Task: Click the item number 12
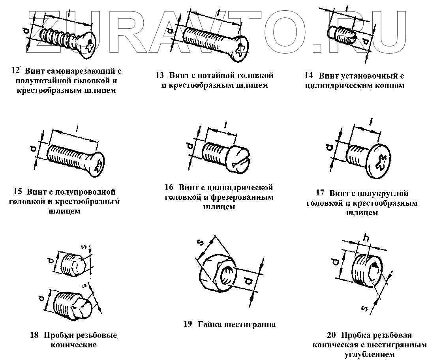16,71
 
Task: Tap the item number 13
160,75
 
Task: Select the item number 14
309,75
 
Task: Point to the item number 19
188,324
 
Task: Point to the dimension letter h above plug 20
366,238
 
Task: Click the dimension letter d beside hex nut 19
248,281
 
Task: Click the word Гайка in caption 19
209,324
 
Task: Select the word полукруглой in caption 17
380,193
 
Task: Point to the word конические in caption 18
74,345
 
